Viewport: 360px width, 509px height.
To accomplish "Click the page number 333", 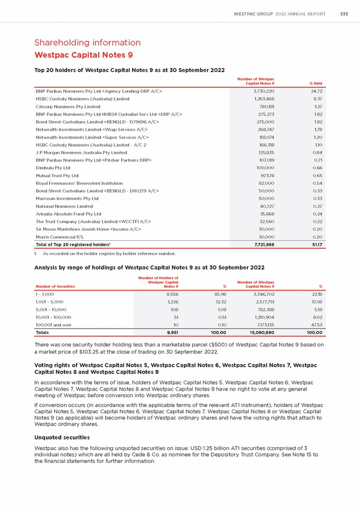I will click(344, 14).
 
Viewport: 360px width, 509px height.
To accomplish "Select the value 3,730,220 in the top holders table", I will click(260, 91).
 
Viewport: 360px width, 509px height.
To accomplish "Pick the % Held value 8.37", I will click(317, 98).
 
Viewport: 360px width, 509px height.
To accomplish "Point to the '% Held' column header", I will click(316, 83).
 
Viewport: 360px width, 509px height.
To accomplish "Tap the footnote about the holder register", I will click(106, 253).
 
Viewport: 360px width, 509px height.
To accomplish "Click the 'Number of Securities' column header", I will click(55, 286).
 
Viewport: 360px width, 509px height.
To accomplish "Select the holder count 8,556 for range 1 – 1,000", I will click(169, 294).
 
